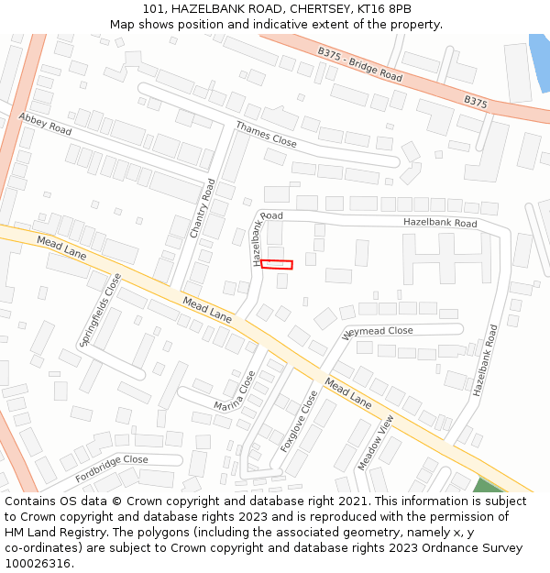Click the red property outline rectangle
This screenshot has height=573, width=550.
pos(276,265)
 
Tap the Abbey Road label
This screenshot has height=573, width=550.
pos(45,124)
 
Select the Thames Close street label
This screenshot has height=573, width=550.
pos(266,135)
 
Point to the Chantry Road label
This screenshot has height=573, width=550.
pos(202,209)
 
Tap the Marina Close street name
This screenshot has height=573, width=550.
pos(235,391)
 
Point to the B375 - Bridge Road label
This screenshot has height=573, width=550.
pos(360,65)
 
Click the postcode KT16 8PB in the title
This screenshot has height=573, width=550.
pos(386,8)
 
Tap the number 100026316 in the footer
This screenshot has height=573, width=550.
pos(38,564)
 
